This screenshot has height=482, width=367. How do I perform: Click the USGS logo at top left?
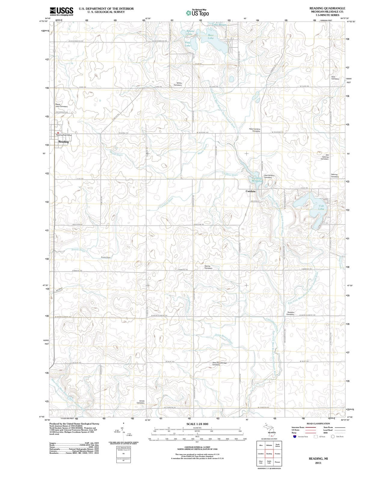point(62,11)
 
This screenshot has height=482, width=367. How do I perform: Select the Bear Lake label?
point(211,36)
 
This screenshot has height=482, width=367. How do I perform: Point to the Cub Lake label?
point(321,207)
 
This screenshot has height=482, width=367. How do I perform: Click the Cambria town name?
point(250,191)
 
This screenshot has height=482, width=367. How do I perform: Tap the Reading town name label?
point(63,142)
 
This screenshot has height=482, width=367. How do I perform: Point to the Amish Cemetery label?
point(140,402)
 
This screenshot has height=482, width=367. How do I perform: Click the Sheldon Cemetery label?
point(291,313)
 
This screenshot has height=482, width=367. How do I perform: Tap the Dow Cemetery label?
point(335,78)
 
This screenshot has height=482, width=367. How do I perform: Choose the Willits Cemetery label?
point(178,84)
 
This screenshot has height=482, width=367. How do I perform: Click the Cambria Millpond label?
point(257,179)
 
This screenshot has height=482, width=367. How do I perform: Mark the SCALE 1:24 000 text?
point(197,424)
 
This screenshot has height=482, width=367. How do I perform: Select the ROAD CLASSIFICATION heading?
point(318,424)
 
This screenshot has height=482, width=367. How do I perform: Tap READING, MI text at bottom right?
point(318,459)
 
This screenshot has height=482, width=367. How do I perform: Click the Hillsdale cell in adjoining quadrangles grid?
point(269,445)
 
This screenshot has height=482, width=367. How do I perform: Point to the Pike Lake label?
point(188,44)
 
